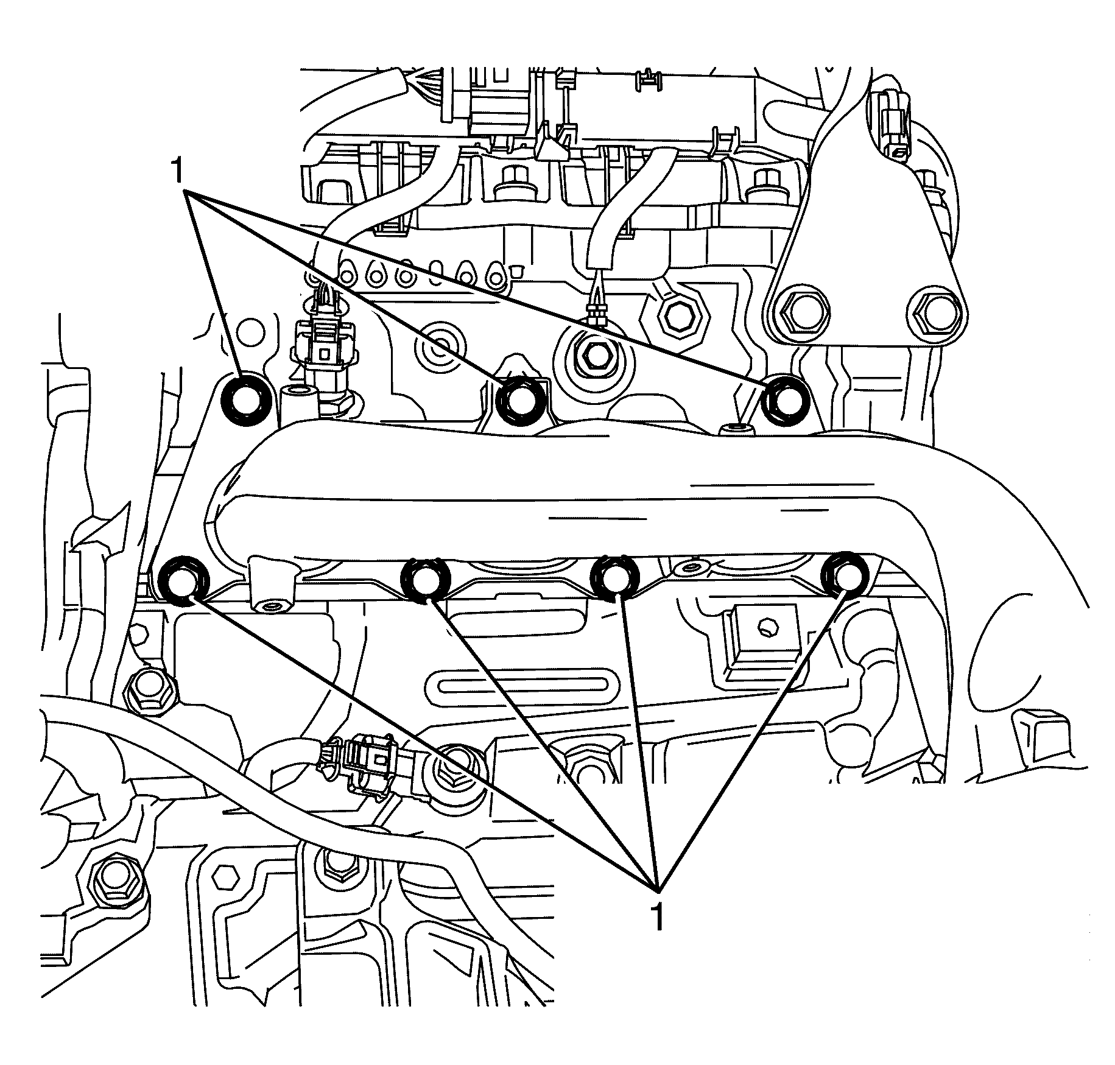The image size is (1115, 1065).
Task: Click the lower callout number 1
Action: [x=656, y=917]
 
